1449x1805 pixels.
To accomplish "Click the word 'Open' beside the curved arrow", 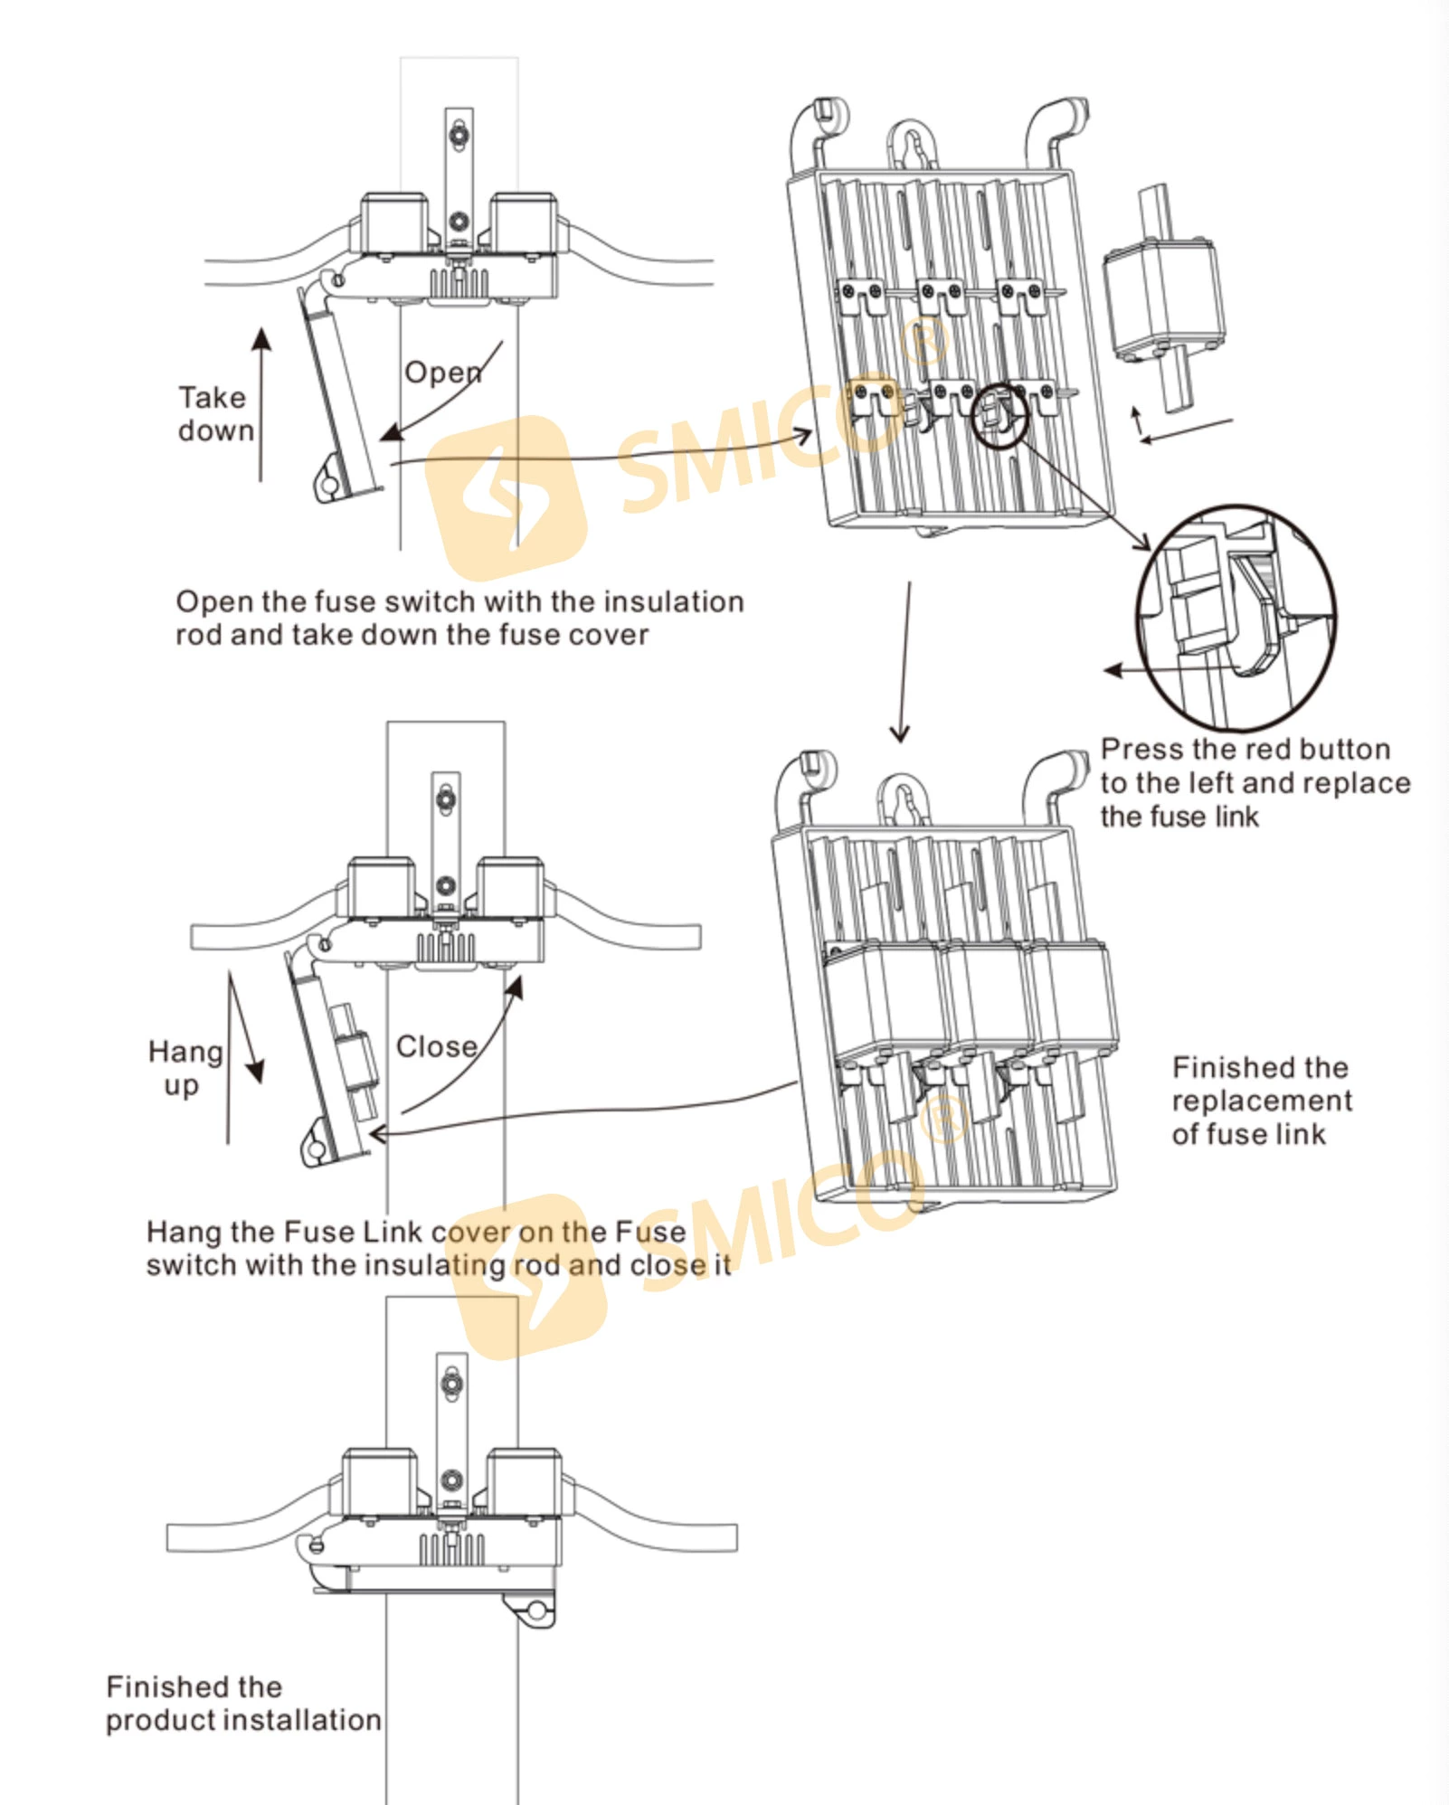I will tap(442, 372).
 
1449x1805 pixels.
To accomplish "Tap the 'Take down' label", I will tap(215, 414).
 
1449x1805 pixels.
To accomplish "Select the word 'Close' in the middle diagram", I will tap(437, 1046).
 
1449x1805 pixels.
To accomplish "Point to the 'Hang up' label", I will tap(185, 1068).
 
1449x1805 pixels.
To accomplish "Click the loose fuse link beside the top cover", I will tap(1164, 298).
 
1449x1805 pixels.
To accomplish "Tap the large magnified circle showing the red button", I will tap(1236, 618).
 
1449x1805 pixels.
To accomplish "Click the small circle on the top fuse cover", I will tap(999, 414).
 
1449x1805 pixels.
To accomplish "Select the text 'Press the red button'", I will tap(1245, 750).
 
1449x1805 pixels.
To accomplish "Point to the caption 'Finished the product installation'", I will tap(242, 1704).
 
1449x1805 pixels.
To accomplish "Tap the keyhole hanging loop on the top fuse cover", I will tap(914, 145).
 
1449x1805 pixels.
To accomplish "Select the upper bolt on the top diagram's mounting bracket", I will tap(460, 136).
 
